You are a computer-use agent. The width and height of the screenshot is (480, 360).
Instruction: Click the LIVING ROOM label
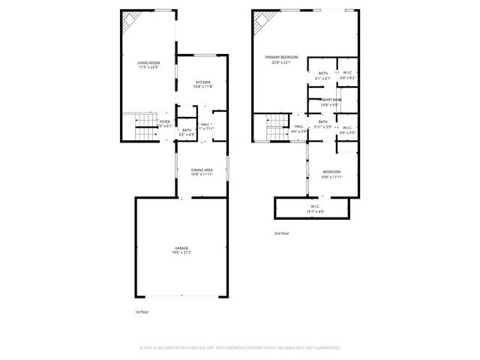coord(148,63)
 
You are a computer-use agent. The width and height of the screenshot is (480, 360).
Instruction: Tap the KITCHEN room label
coord(203,82)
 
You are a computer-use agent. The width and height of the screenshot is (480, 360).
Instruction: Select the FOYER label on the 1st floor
coord(164,121)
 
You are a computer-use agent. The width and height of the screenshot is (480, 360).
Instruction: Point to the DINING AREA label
coord(202,171)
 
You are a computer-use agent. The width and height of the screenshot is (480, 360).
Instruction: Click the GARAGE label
coord(181,247)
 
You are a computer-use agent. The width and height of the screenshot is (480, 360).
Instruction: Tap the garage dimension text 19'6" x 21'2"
coord(181,253)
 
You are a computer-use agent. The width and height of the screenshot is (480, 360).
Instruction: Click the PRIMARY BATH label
coord(329,100)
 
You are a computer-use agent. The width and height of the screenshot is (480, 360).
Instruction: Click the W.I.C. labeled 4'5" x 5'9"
coord(347,128)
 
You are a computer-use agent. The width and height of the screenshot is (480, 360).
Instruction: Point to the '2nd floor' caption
coord(281,233)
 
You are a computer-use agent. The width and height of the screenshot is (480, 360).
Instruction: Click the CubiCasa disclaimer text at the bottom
coord(240,347)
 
